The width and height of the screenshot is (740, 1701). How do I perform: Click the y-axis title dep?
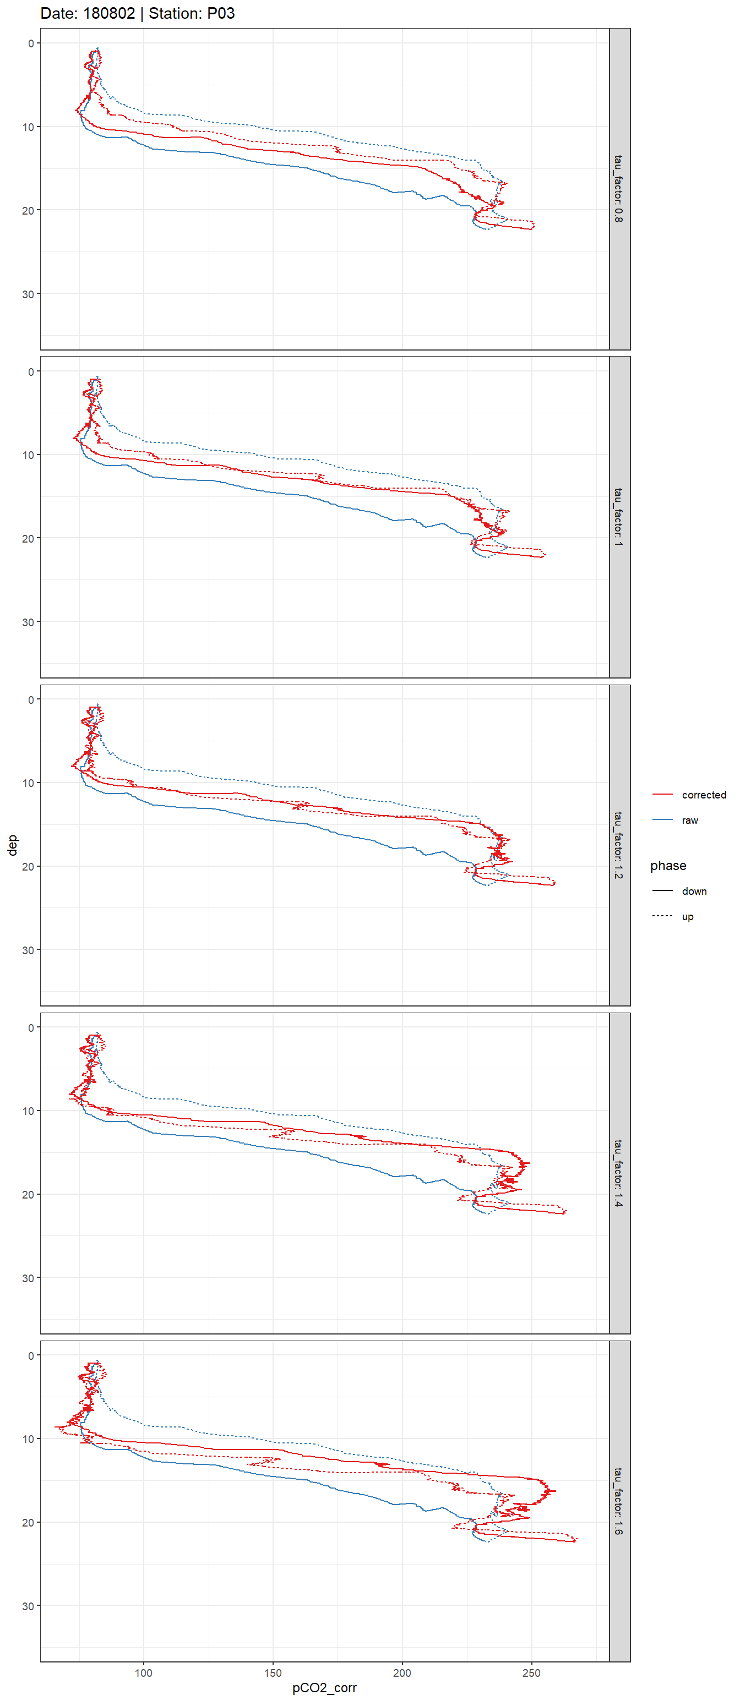coord(12,845)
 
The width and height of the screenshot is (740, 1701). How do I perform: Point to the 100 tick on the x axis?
coord(143,1672)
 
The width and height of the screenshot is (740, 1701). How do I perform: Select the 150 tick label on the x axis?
coord(273,1672)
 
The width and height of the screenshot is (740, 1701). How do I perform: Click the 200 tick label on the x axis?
coord(402,1672)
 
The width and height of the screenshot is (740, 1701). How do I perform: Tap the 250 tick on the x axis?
coord(531,1672)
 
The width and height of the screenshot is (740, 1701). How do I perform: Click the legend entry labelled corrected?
coord(703,795)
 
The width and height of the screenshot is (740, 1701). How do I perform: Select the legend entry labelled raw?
coord(689,820)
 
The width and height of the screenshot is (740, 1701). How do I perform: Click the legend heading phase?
coord(667,865)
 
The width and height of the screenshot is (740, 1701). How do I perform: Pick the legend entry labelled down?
coord(694,891)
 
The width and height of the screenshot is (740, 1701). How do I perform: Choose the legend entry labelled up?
coord(687,916)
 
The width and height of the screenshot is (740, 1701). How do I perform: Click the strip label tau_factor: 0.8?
coord(618,189)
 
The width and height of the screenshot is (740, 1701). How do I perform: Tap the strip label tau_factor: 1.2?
coord(618,845)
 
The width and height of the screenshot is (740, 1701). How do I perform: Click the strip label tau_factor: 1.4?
coord(618,1173)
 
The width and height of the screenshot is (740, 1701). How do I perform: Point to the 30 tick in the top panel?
coord(28,294)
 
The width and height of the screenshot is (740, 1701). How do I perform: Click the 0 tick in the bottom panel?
coord(30,1355)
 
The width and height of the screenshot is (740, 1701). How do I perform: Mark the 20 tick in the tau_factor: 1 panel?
coord(28,538)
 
